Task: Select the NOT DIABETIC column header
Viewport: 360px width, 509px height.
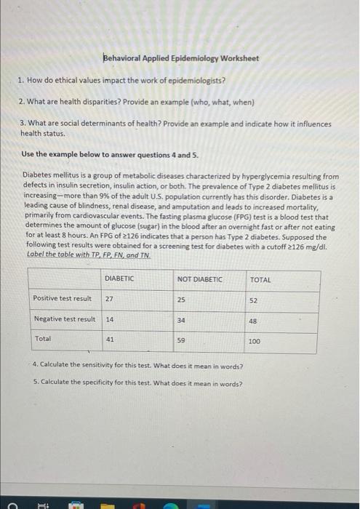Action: (x=199, y=279)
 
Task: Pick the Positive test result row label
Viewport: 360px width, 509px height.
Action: (x=63, y=298)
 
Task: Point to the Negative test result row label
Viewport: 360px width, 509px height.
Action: (x=65, y=319)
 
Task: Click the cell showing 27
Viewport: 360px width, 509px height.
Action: (x=109, y=298)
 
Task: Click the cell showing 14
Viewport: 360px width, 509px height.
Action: (x=109, y=319)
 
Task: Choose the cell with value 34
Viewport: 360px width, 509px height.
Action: (x=182, y=319)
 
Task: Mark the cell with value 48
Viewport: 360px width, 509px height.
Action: (x=253, y=320)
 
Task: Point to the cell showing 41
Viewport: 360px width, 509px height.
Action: (x=109, y=339)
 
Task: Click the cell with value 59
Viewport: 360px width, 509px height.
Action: (x=182, y=340)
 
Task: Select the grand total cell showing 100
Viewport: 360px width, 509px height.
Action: (x=255, y=340)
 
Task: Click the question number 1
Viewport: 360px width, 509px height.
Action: (x=23, y=79)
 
